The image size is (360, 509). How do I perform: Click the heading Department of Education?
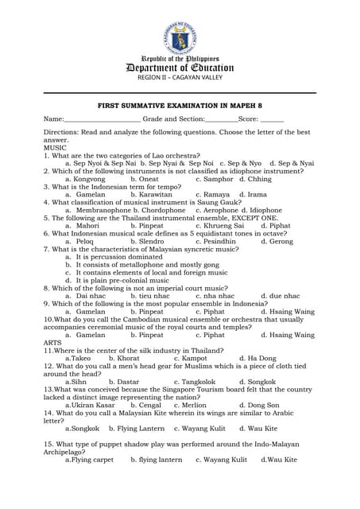[x=180, y=68]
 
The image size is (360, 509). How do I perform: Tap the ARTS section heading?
[x=53, y=343]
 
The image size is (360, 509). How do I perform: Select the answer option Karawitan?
[x=155, y=194]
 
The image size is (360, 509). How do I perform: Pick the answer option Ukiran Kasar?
[x=96, y=405]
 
